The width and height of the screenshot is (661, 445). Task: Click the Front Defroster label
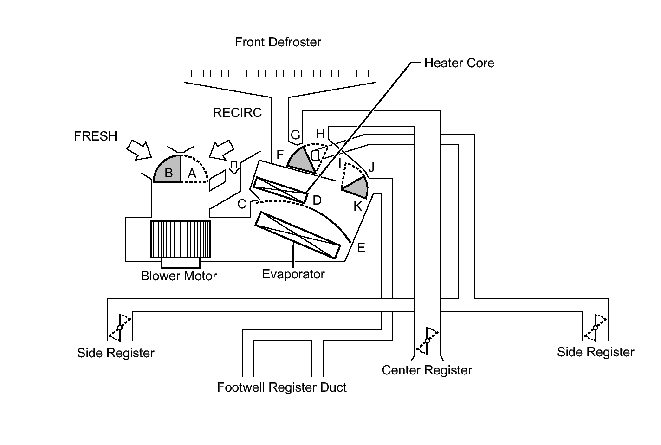(278, 42)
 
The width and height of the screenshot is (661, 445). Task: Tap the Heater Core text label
(459, 63)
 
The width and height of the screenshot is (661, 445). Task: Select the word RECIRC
(237, 112)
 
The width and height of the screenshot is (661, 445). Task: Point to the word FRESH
(95, 136)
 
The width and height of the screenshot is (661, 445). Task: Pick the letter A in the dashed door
(192, 173)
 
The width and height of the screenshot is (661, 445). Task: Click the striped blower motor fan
(181, 239)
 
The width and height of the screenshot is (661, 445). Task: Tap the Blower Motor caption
(179, 276)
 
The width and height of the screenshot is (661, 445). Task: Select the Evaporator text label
(293, 274)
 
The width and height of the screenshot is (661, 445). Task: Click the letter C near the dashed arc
(242, 204)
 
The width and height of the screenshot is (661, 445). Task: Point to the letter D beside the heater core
(317, 200)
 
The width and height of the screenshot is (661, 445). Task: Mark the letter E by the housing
(361, 248)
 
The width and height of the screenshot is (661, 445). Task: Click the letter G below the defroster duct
(295, 135)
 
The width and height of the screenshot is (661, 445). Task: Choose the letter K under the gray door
(357, 206)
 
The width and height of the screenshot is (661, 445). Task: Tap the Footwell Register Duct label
(282, 387)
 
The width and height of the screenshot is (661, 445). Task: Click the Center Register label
(427, 370)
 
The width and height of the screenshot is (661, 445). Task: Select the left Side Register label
(116, 353)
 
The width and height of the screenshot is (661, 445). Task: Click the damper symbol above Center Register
(427, 341)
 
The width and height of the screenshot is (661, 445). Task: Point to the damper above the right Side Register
(596, 328)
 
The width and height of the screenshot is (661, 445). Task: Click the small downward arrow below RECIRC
(234, 168)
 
